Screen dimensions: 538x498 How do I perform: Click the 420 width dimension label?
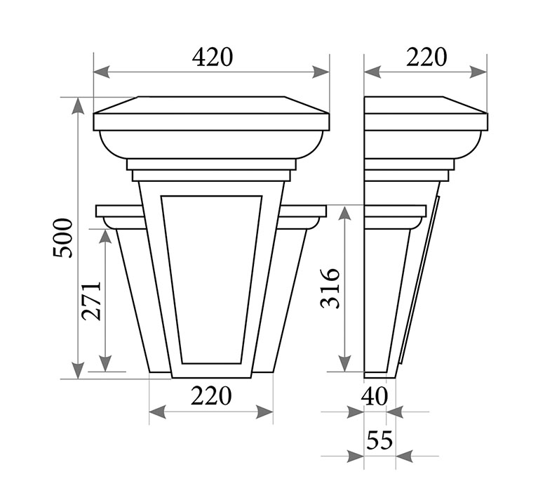click(x=213, y=57)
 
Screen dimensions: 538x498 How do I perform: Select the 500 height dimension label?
click(x=63, y=238)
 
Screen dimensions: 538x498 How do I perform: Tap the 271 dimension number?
click(x=92, y=301)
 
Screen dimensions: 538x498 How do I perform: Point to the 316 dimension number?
click(x=330, y=289)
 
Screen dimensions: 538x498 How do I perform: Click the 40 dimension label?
click(x=375, y=396)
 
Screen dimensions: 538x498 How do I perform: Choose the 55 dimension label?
click(x=379, y=440)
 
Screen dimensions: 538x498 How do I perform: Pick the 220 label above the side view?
click(x=426, y=57)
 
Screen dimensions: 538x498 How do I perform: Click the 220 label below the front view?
click(x=211, y=396)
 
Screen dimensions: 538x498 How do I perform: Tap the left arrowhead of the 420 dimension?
click(x=102, y=72)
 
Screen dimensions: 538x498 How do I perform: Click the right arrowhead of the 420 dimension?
click(x=321, y=72)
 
